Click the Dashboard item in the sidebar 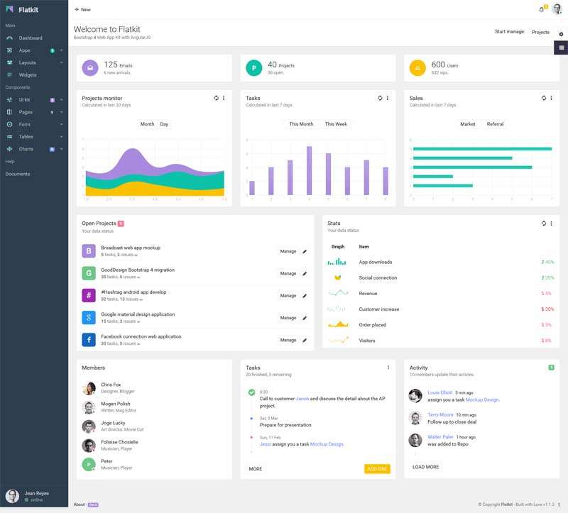coord(31,38)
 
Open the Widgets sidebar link coord(28,75)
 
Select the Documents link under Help coord(18,174)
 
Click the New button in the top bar coord(82,10)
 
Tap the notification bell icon coord(542,9)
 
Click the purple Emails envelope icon coord(89,68)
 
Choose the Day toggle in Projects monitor coord(164,124)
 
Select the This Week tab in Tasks coord(336,124)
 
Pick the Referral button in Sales coord(495,124)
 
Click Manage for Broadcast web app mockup coord(288,251)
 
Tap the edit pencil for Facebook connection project coord(305,340)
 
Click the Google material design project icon coord(89,317)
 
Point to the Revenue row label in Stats coord(368,294)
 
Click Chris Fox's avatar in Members coord(89,388)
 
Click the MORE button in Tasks coord(256,469)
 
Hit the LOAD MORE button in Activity coord(425,467)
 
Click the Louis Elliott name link coord(439,392)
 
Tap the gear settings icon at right coord(561,34)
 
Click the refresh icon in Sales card coord(544,99)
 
